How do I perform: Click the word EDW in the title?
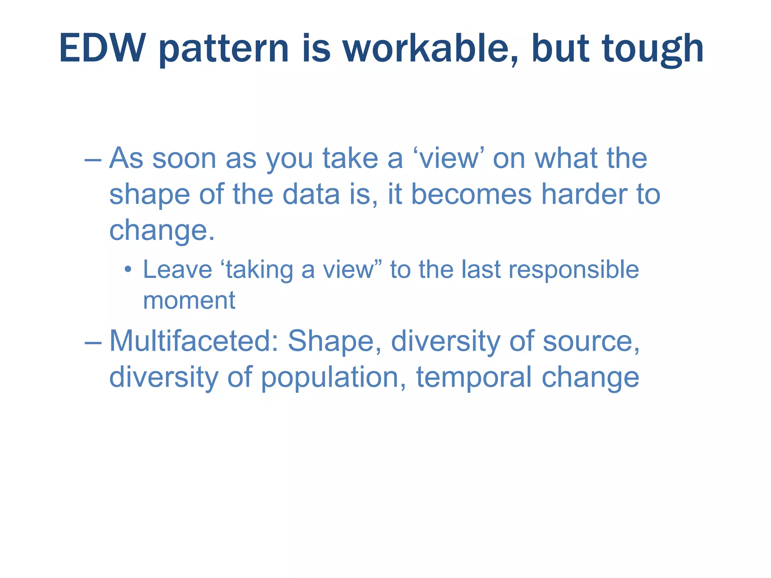point(102,49)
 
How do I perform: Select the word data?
point(311,195)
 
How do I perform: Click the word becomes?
point(471,195)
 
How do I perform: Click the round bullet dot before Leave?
point(128,270)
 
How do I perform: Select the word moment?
point(189,301)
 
